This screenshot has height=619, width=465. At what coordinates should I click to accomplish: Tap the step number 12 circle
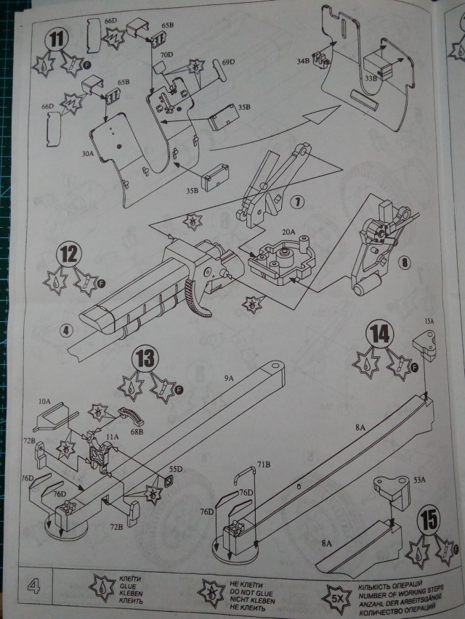[69, 255]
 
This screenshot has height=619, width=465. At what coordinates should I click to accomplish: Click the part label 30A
[89, 154]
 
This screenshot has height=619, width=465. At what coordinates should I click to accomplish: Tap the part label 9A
[230, 378]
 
